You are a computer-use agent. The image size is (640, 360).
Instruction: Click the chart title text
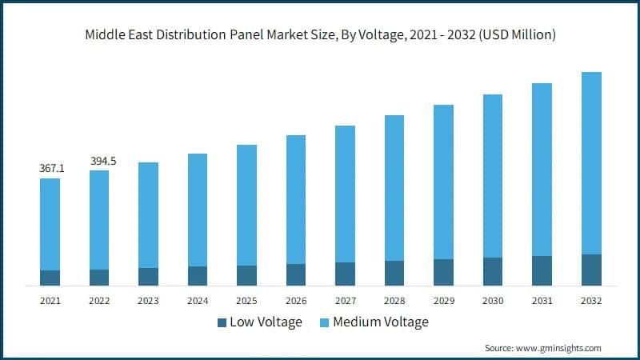click(320, 35)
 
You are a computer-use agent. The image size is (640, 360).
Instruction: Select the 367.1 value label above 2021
click(50, 169)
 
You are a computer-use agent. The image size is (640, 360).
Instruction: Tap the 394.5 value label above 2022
click(100, 161)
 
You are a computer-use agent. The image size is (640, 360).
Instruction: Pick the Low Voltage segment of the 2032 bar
click(591, 270)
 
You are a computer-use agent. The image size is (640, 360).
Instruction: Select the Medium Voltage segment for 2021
click(50, 224)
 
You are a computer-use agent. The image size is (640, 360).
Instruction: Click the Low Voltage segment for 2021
click(50, 278)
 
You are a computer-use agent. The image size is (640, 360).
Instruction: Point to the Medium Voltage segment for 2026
click(296, 199)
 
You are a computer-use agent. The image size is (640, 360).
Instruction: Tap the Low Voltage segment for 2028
click(394, 273)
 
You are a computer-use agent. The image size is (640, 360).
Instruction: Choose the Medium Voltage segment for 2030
click(493, 176)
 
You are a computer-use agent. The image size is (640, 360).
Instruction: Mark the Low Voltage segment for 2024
click(198, 275)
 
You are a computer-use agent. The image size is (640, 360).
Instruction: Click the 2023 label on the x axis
click(148, 301)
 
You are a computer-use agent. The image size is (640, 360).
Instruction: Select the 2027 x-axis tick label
click(345, 301)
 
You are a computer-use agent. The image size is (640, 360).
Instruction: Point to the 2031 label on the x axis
click(542, 301)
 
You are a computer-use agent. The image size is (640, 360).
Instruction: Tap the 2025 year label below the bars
click(246, 301)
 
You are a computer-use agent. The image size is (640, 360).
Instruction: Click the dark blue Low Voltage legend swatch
click(222, 322)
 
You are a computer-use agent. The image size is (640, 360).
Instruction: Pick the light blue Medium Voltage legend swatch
click(324, 322)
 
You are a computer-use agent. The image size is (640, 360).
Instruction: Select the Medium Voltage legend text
click(381, 322)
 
